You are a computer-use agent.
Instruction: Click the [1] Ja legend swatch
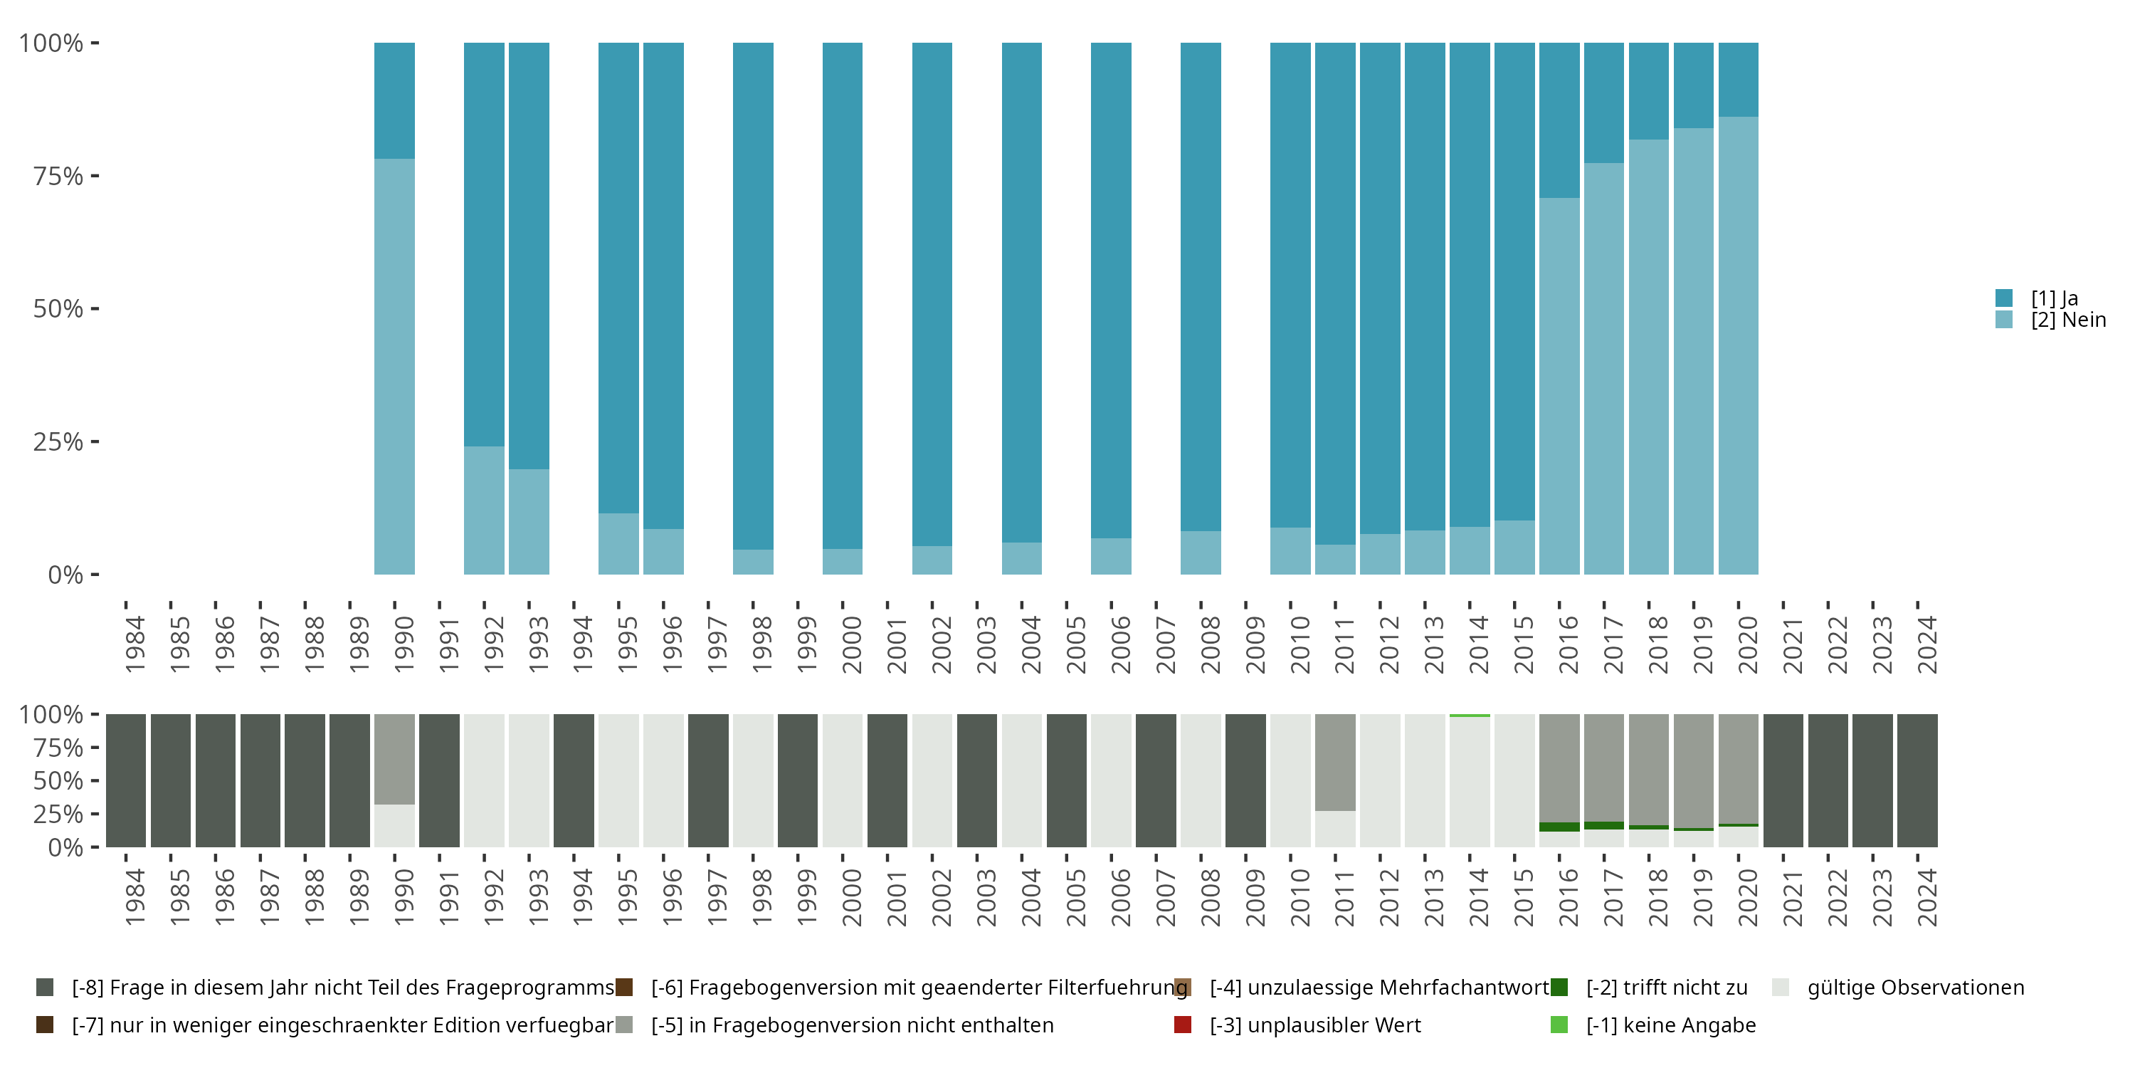pos(2003,298)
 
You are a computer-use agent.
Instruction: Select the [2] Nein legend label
pos(2068,320)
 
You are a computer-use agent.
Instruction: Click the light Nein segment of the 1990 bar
pos(394,365)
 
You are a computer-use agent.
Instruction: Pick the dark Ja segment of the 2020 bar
pos(1738,79)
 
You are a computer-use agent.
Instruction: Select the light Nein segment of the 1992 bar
pos(484,510)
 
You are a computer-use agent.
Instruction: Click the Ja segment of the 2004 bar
pos(1022,290)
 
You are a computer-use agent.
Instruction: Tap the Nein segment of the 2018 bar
pos(1648,357)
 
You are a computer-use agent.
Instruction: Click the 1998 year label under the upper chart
pos(761,644)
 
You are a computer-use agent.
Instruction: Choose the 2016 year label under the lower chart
pos(1568,897)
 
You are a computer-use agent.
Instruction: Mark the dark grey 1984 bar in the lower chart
pos(126,780)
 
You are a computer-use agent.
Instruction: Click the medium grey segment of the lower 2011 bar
pos(1335,761)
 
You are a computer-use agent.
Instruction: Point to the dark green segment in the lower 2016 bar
pos(1559,827)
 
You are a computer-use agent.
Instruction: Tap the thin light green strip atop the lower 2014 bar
pos(1470,715)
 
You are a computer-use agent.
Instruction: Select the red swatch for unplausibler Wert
pos(1183,1025)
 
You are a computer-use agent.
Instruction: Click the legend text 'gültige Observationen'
pos(1915,988)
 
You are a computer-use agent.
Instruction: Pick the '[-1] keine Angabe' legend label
pos(1671,1025)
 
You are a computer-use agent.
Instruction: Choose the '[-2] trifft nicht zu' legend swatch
pos(1559,988)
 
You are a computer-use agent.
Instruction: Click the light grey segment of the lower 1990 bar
pos(394,825)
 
